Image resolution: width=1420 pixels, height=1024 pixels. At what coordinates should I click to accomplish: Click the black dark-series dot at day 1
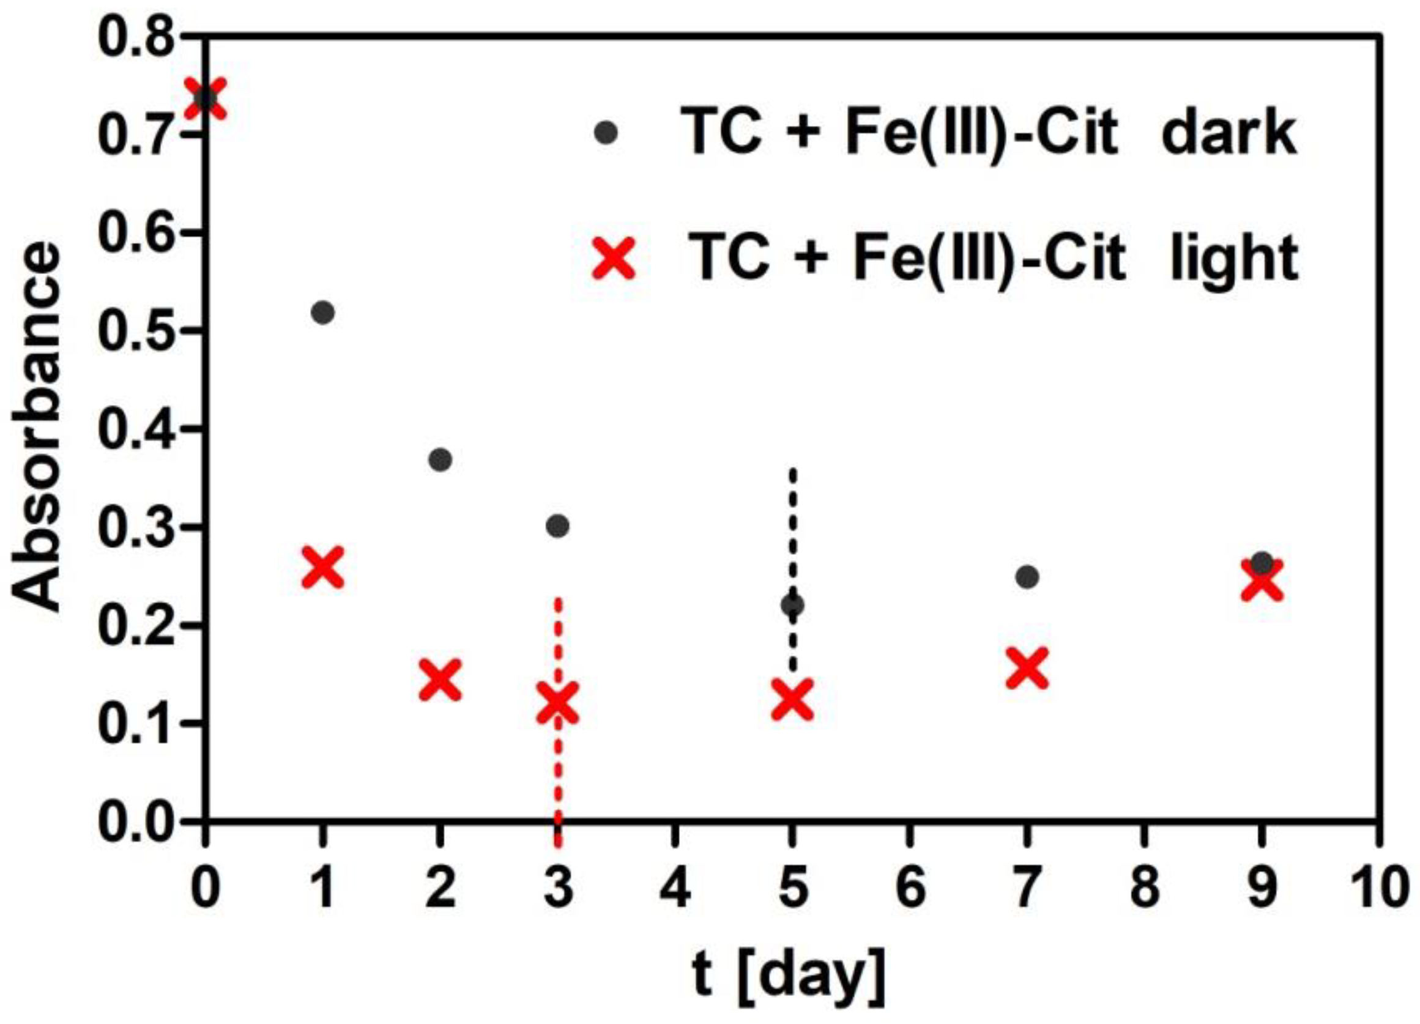tap(322, 312)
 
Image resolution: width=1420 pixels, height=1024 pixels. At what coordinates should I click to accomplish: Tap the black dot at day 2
tap(440, 460)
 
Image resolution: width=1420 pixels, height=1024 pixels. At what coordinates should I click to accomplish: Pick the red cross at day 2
tap(440, 680)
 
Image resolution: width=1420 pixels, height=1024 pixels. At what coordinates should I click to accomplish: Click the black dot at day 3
tap(557, 527)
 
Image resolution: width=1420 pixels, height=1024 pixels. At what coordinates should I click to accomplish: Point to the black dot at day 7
tap(1027, 577)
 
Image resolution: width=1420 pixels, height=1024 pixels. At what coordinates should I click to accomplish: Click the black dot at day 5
tap(793, 605)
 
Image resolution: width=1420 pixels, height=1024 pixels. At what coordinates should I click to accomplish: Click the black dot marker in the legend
tap(606, 133)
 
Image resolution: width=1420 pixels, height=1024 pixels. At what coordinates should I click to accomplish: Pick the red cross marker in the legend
tap(614, 259)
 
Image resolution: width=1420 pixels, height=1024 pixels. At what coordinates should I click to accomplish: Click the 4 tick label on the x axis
tap(675, 888)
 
